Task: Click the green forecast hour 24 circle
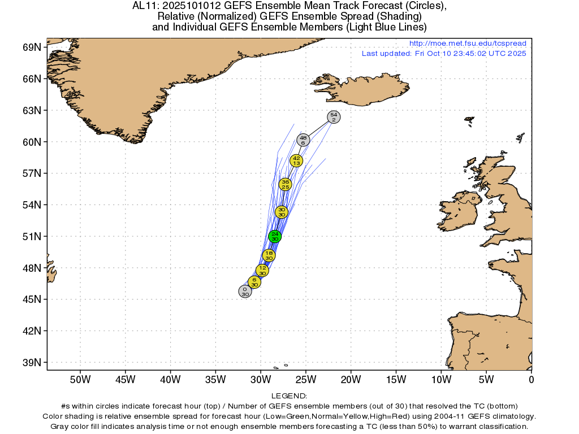click(x=275, y=236)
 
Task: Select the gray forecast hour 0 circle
click(x=245, y=292)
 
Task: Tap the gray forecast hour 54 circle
click(x=334, y=117)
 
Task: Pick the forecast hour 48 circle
click(x=303, y=140)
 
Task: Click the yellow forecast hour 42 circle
click(x=296, y=160)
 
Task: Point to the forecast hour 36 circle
click(x=285, y=184)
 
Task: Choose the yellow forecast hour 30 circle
click(x=282, y=212)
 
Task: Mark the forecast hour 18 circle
click(x=269, y=255)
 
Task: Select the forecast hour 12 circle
click(x=262, y=270)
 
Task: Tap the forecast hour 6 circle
click(x=254, y=281)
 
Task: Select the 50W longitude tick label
click(x=80, y=378)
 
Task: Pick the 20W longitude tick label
click(x=351, y=378)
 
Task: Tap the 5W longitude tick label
click(x=486, y=378)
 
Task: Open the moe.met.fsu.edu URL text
click(x=467, y=44)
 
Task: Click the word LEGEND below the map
click(x=289, y=396)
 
